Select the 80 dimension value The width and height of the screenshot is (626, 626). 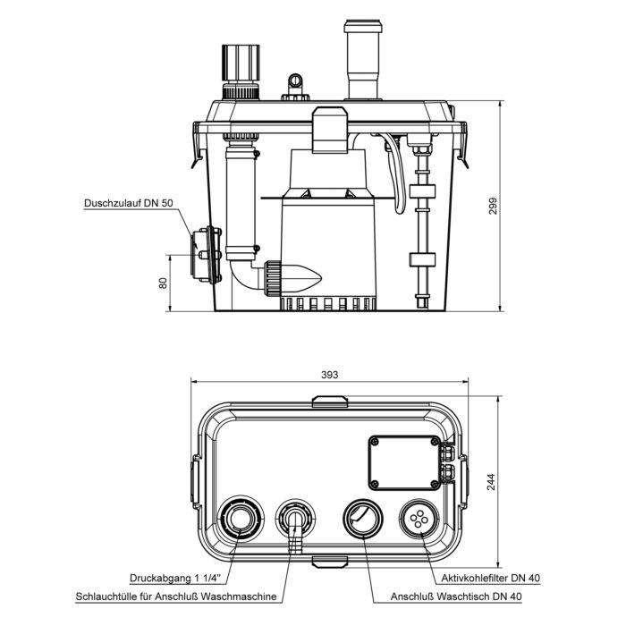click(163, 283)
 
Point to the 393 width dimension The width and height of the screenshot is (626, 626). click(329, 376)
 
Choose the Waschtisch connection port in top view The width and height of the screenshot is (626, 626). click(363, 518)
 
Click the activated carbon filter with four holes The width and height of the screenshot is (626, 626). click(419, 518)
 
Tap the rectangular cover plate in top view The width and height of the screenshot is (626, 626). click(405, 462)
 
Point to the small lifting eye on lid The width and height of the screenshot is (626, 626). click(293, 86)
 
